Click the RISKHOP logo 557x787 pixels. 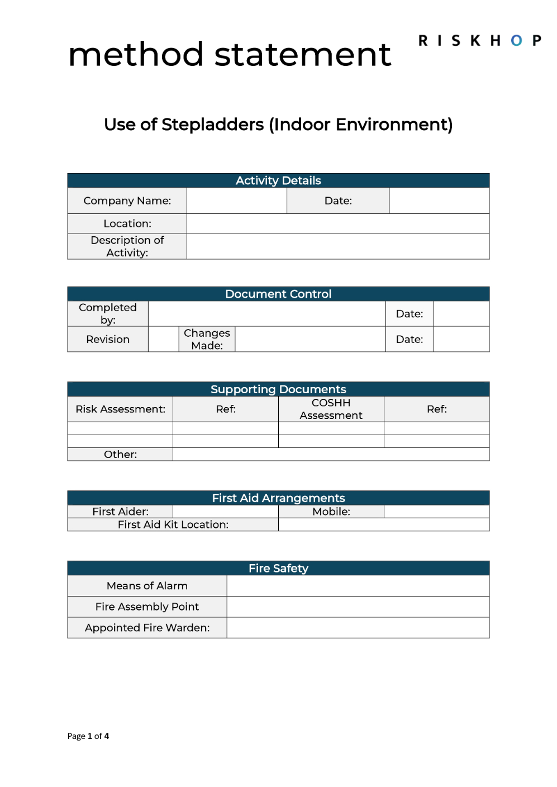click(480, 41)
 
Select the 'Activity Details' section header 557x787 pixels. click(278, 180)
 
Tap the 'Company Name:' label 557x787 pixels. click(127, 201)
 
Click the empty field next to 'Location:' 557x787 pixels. click(337, 223)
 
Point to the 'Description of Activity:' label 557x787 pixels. click(127, 246)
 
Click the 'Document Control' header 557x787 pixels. click(278, 294)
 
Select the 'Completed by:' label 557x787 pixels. click(108, 313)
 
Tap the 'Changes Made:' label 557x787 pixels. click(207, 339)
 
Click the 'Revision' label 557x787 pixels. click(108, 339)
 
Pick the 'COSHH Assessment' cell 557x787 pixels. click(331, 409)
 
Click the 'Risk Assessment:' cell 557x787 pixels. click(120, 409)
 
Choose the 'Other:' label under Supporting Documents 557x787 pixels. click(120, 454)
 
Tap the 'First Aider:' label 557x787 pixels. click(120, 511)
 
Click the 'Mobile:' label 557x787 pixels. click(331, 511)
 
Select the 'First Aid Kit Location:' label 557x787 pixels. click(173, 524)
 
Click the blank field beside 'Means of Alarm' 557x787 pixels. click(358, 586)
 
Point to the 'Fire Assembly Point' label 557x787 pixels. click(147, 607)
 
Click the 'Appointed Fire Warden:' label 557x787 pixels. click(147, 628)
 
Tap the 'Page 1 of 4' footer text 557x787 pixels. click(88, 736)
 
